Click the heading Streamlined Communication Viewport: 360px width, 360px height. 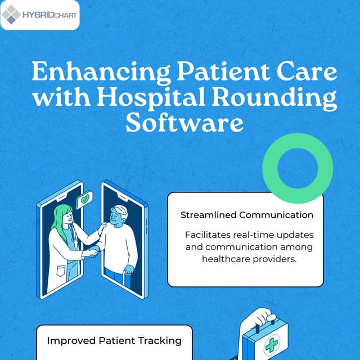[246, 215]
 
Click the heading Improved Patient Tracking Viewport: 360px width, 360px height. [114, 340]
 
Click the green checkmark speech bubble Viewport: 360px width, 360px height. [85, 199]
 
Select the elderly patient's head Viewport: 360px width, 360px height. [119, 215]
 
